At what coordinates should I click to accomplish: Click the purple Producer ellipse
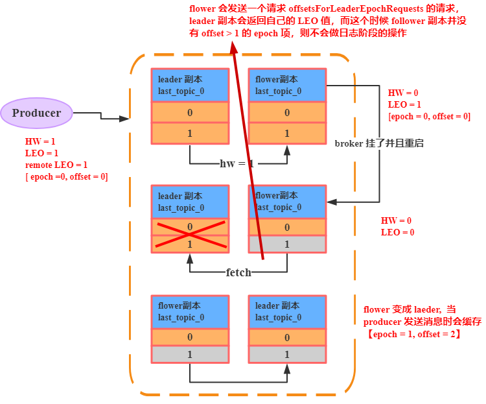[36, 113]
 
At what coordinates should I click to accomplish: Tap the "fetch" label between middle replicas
[238, 273]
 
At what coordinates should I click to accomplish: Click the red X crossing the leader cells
[190, 235]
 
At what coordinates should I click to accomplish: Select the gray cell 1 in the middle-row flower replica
[287, 244]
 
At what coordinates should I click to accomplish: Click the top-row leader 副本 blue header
[190, 85]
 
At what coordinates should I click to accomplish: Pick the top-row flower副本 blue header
[287, 85]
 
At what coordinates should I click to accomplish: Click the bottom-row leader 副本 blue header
[287, 312]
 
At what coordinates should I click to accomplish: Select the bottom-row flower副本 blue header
[190, 312]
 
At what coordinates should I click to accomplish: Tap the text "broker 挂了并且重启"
[379, 143]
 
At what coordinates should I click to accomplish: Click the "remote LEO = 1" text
[56, 165]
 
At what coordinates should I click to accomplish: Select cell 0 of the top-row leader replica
[190, 113]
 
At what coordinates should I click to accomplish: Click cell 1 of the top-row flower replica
[287, 134]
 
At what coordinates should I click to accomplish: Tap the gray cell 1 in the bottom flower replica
[190, 355]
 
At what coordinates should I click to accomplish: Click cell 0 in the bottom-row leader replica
[287, 337]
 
